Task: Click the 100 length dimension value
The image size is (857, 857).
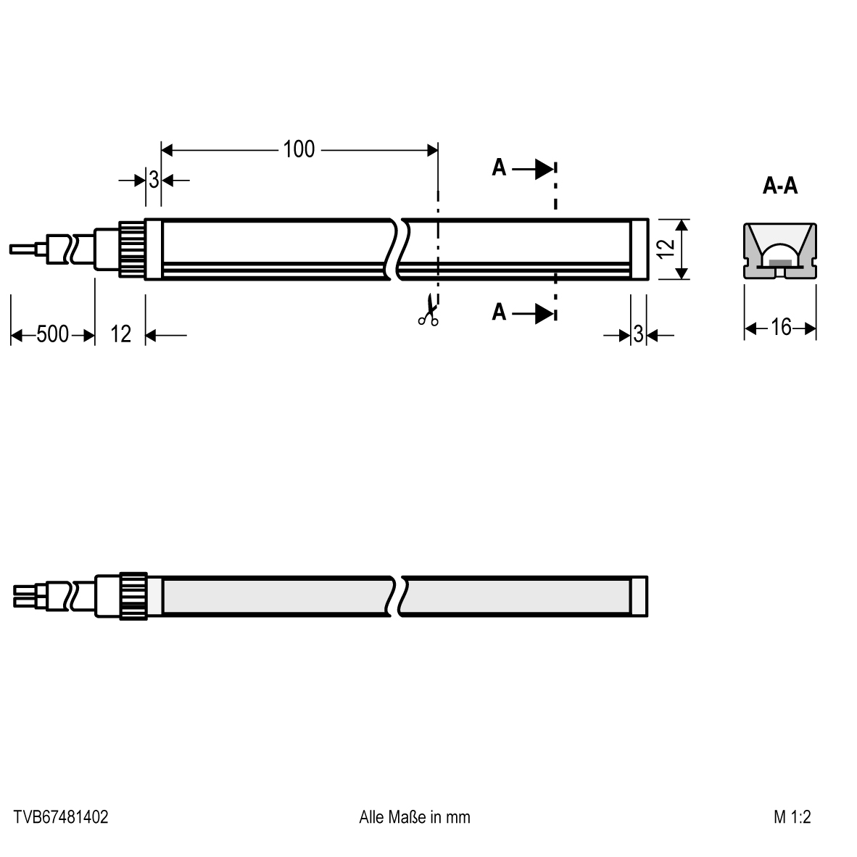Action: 299,149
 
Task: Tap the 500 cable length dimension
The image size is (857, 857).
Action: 52,334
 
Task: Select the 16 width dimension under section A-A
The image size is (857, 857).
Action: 780,328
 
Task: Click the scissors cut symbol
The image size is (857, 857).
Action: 428,310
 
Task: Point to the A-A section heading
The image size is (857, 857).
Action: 780,186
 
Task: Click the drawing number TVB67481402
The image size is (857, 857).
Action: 61,817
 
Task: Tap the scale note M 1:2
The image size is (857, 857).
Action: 792,817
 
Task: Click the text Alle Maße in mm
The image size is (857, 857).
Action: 414,817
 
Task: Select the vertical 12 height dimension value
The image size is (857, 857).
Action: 666,249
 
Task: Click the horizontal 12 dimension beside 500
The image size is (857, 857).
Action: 121,334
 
